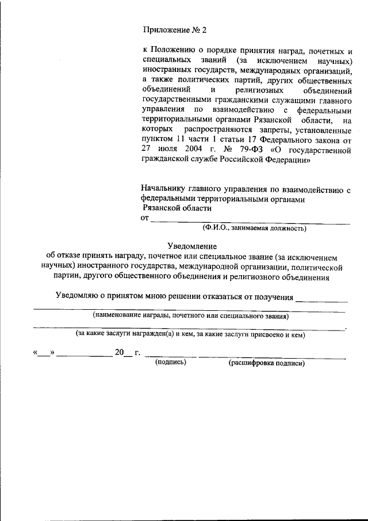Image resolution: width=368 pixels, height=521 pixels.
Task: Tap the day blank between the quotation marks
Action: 44,353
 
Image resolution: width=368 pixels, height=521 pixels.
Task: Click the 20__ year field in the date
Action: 123,353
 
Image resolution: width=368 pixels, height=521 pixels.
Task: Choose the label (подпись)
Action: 170,363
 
